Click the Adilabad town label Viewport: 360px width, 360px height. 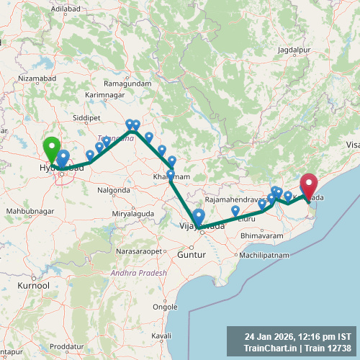pos(65,8)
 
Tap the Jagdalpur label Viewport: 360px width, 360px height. pos(294,50)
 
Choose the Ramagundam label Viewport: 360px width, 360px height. pos(127,84)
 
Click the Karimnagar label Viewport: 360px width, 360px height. pos(106,95)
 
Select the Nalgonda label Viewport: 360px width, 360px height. pos(114,190)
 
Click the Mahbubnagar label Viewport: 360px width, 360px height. pos(30,211)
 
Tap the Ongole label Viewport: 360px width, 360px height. pos(165,306)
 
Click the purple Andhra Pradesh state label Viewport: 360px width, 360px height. pos(138,274)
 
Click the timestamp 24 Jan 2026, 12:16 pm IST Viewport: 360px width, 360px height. pos(297,336)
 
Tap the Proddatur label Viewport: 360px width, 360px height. pos(68,347)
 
